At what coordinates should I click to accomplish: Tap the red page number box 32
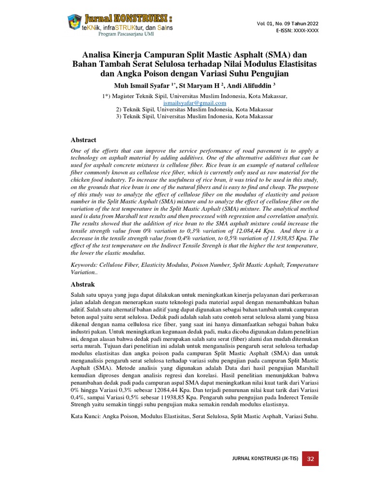[x=310, y=459]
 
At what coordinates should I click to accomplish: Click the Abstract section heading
[x=84, y=140]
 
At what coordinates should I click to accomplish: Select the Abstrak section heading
[x=83, y=284]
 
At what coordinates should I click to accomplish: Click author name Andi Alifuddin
[x=245, y=86]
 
